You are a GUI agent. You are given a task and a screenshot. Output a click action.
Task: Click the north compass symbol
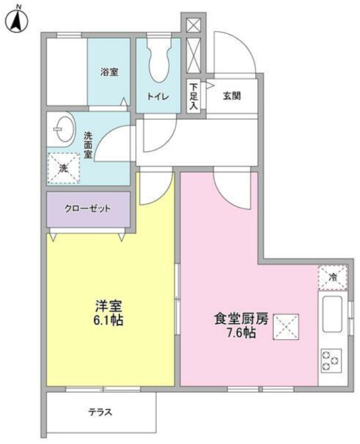(17, 19)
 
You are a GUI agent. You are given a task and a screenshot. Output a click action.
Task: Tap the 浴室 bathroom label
(109, 72)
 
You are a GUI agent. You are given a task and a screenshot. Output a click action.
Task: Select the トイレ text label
(158, 97)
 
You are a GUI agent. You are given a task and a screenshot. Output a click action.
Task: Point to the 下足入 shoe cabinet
(194, 96)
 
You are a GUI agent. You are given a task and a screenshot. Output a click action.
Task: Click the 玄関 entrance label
(232, 96)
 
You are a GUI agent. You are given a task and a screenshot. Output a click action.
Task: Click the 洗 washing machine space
(64, 168)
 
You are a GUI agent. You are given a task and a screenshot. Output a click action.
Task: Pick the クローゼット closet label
(88, 209)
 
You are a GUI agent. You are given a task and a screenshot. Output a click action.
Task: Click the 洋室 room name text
(108, 306)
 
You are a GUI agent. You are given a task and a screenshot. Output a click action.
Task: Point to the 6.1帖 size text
(108, 320)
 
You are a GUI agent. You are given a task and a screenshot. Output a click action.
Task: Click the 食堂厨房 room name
(241, 319)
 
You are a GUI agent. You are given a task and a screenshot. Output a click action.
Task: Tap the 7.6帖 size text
(241, 332)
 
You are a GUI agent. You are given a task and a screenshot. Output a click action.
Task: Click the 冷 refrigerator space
(333, 277)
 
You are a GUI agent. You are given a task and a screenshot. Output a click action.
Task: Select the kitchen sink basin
(333, 314)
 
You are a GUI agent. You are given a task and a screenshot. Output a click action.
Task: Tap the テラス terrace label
(100, 412)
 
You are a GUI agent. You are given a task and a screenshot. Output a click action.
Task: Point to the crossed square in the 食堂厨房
(286, 327)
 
